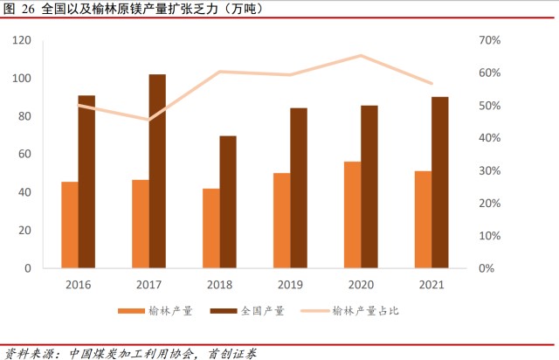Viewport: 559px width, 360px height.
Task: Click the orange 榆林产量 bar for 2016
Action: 69,225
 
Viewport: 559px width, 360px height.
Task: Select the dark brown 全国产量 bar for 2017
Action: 157,171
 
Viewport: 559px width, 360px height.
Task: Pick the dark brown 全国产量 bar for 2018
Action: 228,202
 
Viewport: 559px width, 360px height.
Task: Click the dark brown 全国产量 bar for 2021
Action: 439,183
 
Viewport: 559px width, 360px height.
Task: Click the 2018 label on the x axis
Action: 219,285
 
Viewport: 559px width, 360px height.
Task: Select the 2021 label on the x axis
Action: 431,285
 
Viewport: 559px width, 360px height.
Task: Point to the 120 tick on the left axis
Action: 23,40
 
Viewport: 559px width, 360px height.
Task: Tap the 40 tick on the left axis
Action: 25,192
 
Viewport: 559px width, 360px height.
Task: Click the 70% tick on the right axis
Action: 489,40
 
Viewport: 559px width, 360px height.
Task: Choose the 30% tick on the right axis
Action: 489,170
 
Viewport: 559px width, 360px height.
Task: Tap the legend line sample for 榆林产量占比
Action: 316,310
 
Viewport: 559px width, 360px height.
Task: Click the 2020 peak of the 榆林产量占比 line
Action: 361,56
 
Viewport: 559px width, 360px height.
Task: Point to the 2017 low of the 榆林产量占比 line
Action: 148,120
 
